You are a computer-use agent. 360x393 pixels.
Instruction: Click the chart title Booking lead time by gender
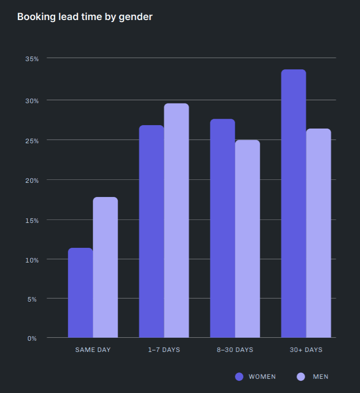click(85, 17)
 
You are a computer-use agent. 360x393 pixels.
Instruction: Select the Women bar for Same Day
click(80, 293)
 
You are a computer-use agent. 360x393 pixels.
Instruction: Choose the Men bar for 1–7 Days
click(176, 220)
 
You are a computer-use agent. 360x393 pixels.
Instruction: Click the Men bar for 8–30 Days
click(248, 239)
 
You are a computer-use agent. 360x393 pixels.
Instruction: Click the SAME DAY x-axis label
click(93, 350)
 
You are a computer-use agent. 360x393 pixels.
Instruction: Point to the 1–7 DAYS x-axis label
click(164, 350)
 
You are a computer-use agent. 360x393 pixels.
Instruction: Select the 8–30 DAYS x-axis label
click(235, 350)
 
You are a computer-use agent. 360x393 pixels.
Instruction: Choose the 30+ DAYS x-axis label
click(306, 350)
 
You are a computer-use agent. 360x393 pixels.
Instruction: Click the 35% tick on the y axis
click(32, 59)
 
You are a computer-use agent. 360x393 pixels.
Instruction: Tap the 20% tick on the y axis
click(32, 180)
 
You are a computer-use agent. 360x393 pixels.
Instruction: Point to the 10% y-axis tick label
click(32, 260)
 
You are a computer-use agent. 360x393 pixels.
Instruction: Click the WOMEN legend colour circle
click(239, 376)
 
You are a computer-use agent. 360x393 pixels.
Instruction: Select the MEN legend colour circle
click(301, 376)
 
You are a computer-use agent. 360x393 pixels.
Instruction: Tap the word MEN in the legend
click(320, 376)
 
